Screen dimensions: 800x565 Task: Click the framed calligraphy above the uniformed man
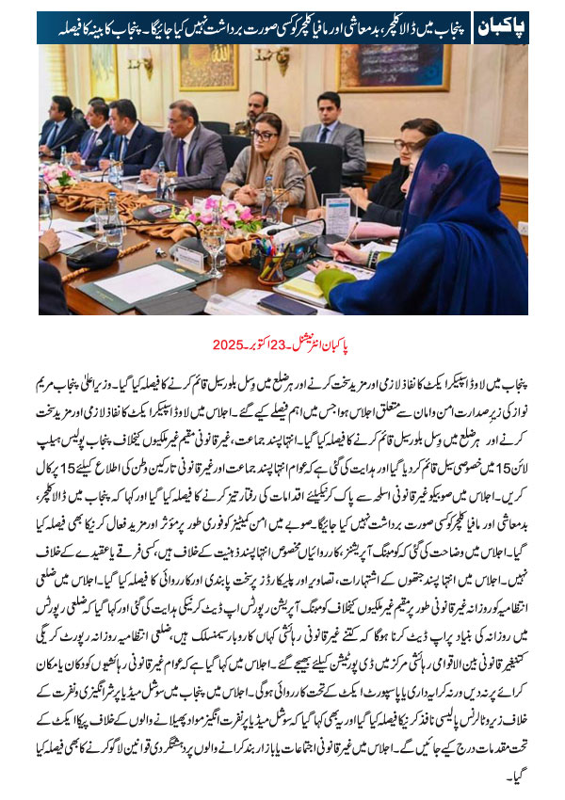[208, 66]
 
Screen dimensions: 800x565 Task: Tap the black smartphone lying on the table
[287, 303]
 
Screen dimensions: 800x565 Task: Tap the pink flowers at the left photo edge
[54, 175]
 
